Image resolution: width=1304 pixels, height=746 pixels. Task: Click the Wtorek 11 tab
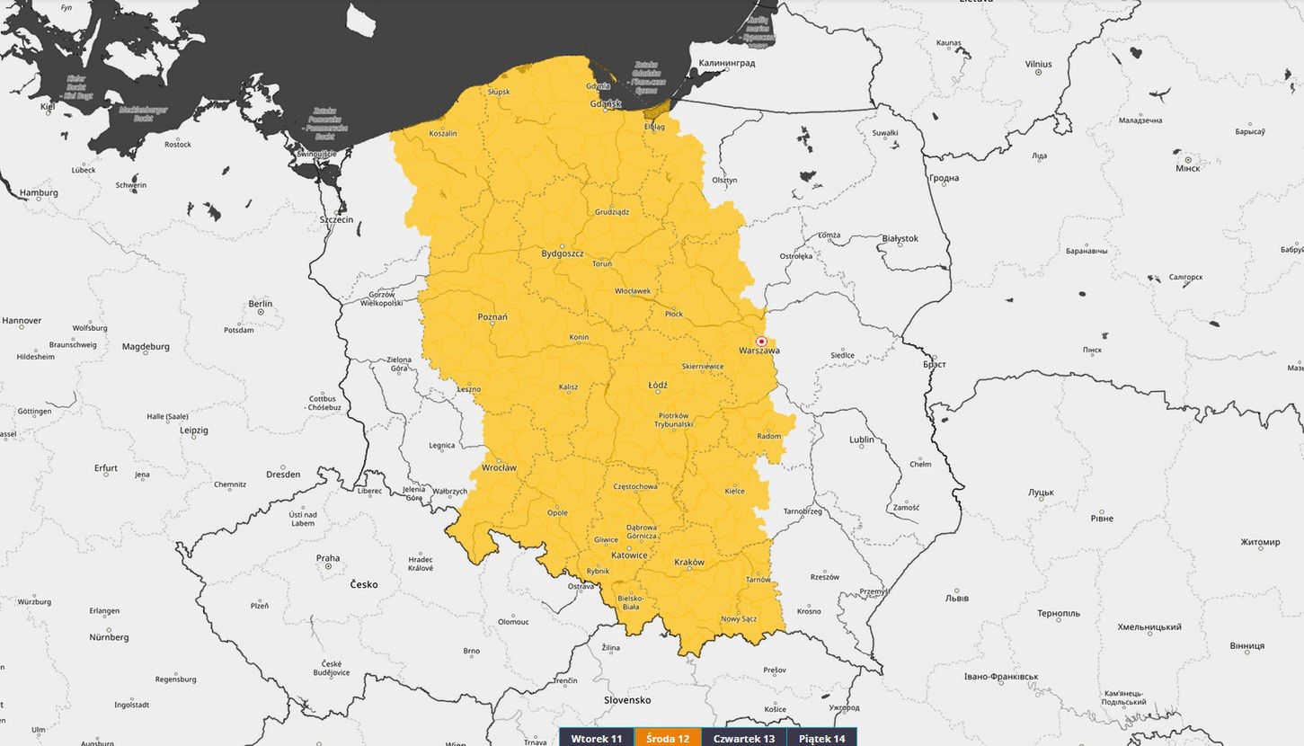597,738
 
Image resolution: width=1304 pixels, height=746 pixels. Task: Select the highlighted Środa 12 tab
668,738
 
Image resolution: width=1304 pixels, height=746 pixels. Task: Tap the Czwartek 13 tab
743,738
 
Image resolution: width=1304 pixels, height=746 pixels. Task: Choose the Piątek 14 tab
821,738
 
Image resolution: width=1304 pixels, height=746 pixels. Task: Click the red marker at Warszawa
761,342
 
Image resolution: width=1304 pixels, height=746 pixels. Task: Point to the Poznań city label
492,316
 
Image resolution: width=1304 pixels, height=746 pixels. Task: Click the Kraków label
689,563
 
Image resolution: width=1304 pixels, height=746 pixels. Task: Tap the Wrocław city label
499,467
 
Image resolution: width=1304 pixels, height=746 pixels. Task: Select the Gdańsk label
606,104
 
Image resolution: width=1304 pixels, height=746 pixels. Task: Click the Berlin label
260,304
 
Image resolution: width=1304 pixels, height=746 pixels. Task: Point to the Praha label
328,558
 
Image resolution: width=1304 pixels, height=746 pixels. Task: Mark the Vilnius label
1038,64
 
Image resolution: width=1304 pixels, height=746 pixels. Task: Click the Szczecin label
337,219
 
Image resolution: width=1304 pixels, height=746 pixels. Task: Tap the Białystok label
900,238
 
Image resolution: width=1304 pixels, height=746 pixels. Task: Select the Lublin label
861,440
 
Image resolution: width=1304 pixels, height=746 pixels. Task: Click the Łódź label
658,385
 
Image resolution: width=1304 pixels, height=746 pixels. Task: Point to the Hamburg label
39,192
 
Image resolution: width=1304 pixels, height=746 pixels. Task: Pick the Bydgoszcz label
563,253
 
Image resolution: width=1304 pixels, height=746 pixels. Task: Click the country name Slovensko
626,699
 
